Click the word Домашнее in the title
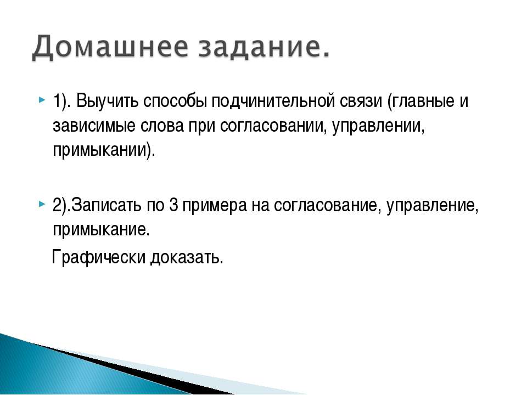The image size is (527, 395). (110, 47)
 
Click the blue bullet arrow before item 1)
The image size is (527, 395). (42, 100)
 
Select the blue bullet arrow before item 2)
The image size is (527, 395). (42, 204)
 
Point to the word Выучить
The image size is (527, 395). (108, 100)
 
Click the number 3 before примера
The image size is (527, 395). (173, 205)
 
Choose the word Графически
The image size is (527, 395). (99, 257)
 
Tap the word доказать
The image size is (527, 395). (187, 258)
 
